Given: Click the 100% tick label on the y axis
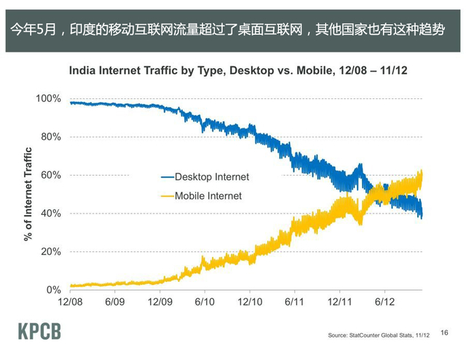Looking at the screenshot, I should click(50, 98).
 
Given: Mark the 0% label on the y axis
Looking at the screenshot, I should click(54, 290).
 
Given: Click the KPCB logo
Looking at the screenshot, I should click(39, 332).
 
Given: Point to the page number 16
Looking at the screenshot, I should click(444, 330).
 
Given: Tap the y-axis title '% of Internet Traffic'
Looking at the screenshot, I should click(28, 193).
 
